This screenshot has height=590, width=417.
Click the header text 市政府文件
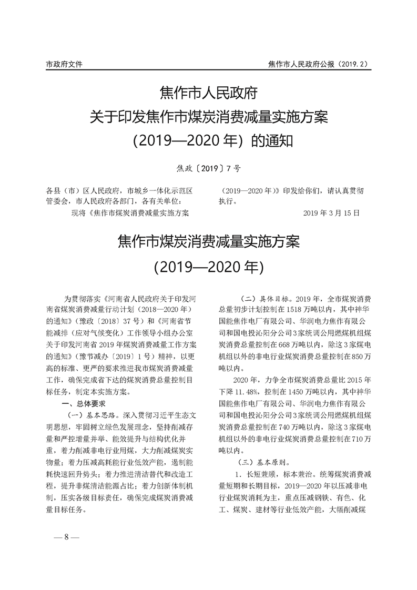65,64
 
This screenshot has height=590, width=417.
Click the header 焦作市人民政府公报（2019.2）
319,64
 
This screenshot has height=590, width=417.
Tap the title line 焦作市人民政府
208,95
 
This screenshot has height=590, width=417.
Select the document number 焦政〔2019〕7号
209,168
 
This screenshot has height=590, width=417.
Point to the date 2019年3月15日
332,213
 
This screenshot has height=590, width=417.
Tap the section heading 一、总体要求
84,404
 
